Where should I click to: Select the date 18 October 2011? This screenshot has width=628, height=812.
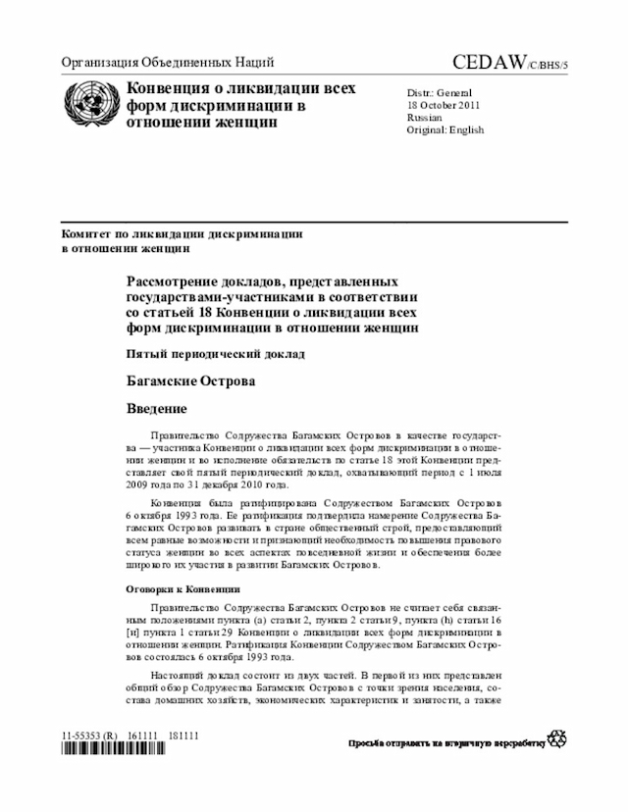444,104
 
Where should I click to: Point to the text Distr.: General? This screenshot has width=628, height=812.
439,91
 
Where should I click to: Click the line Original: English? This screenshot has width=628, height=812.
445,129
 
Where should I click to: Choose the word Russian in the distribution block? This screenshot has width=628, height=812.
424,117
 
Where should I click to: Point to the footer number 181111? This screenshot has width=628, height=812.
183,734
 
